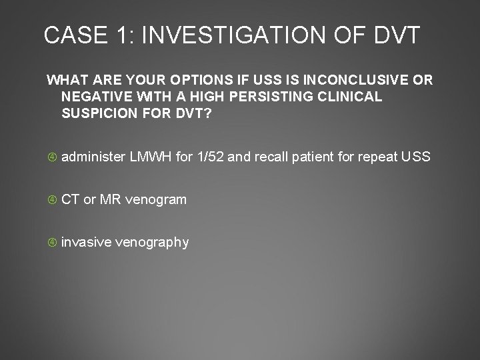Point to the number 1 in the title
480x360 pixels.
tap(122, 35)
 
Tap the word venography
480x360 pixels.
tap(152, 242)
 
